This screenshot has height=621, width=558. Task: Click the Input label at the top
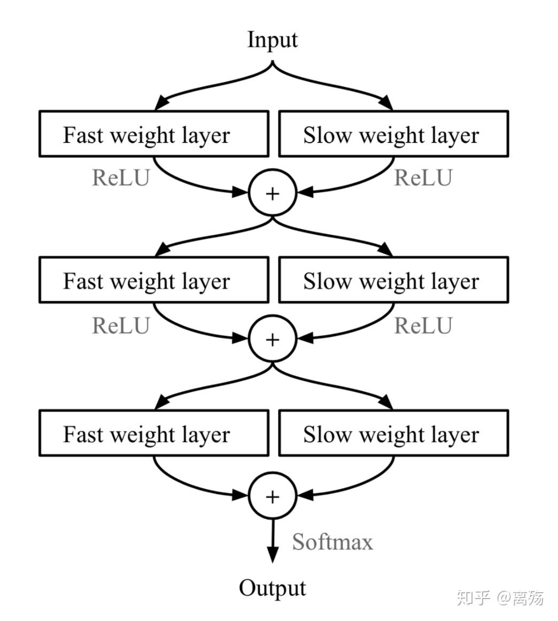pyautogui.click(x=272, y=40)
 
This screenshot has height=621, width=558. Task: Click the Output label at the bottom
pyautogui.click(x=272, y=588)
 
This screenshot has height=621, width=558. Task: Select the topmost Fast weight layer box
pyautogui.click(x=154, y=134)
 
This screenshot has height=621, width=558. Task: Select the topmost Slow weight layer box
pyautogui.click(x=393, y=134)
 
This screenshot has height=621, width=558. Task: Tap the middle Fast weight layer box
pyautogui.click(x=154, y=280)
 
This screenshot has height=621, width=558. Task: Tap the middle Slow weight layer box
pyautogui.click(x=393, y=280)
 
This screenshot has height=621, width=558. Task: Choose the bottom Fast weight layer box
pyautogui.click(x=154, y=433)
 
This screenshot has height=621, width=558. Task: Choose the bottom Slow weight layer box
pyautogui.click(x=393, y=433)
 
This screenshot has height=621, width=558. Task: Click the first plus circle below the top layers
pyautogui.click(x=273, y=193)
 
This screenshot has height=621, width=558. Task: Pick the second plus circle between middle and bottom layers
pyautogui.click(x=273, y=339)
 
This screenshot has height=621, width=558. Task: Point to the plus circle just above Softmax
pyautogui.click(x=273, y=496)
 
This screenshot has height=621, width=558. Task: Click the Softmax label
pyautogui.click(x=332, y=542)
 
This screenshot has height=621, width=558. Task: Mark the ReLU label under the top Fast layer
pyautogui.click(x=121, y=178)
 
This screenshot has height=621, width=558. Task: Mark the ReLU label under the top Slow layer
pyautogui.click(x=423, y=178)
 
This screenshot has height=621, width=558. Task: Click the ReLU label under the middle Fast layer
pyautogui.click(x=121, y=325)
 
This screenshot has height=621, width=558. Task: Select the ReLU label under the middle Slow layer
pyautogui.click(x=423, y=325)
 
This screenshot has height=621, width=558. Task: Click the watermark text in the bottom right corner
pyautogui.click(x=500, y=597)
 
